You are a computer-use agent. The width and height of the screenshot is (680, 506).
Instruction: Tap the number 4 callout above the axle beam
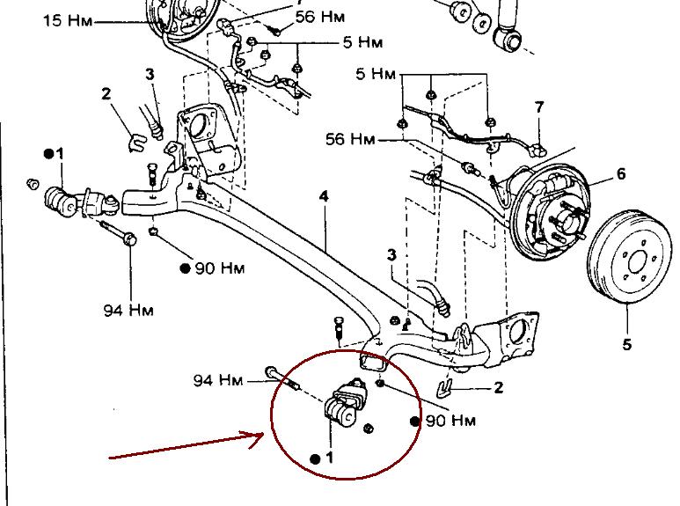coord(324,196)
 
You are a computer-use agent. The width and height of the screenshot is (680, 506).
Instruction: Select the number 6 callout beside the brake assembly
coord(621,173)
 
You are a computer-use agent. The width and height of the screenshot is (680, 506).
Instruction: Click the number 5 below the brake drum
coord(626,344)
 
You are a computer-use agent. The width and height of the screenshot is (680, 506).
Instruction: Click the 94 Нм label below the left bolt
coord(128,310)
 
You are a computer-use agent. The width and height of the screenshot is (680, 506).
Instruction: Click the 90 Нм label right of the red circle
coord(450,421)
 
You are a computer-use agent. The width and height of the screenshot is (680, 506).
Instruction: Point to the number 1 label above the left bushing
coord(59,154)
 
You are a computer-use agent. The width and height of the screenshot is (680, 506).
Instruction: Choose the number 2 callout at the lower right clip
coord(498,387)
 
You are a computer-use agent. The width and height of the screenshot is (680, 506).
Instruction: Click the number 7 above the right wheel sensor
coord(539,107)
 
